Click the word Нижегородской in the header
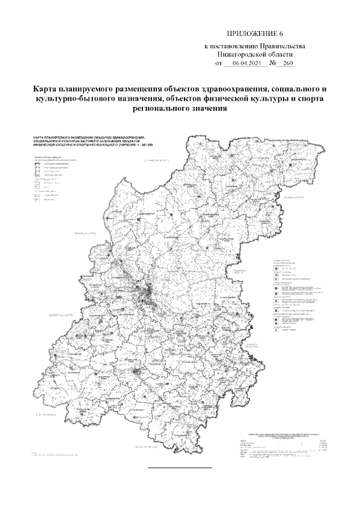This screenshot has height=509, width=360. click(x=242, y=56)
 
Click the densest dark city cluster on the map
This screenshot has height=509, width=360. click(x=147, y=293)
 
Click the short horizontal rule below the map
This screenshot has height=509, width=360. click(x=179, y=467)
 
